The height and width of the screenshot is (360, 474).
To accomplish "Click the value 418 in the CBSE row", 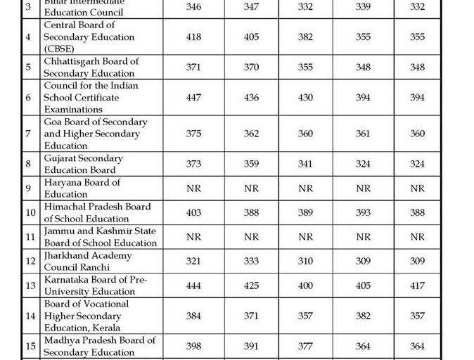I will [x=194, y=37].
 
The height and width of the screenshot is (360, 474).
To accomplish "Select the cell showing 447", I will [x=194, y=98].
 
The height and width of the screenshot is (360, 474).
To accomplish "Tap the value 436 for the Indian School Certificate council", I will [x=251, y=98].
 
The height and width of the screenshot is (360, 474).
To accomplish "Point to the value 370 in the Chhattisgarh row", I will [x=251, y=67].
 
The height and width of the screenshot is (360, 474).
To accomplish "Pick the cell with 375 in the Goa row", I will [x=194, y=134].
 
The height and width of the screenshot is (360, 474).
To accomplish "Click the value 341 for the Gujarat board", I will [x=305, y=165].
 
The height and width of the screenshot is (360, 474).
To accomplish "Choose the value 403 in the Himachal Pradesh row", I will [x=194, y=213].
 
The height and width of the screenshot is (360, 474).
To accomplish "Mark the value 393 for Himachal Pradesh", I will [x=363, y=213].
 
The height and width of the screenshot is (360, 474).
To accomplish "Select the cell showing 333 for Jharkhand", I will [x=251, y=262].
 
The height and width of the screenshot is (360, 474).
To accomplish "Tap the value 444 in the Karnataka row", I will [x=194, y=285].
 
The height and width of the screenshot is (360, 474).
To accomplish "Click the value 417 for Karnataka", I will [x=418, y=285].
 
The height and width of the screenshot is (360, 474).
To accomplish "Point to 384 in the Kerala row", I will [x=194, y=316].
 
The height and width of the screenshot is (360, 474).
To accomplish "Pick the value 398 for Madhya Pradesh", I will [x=194, y=347].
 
